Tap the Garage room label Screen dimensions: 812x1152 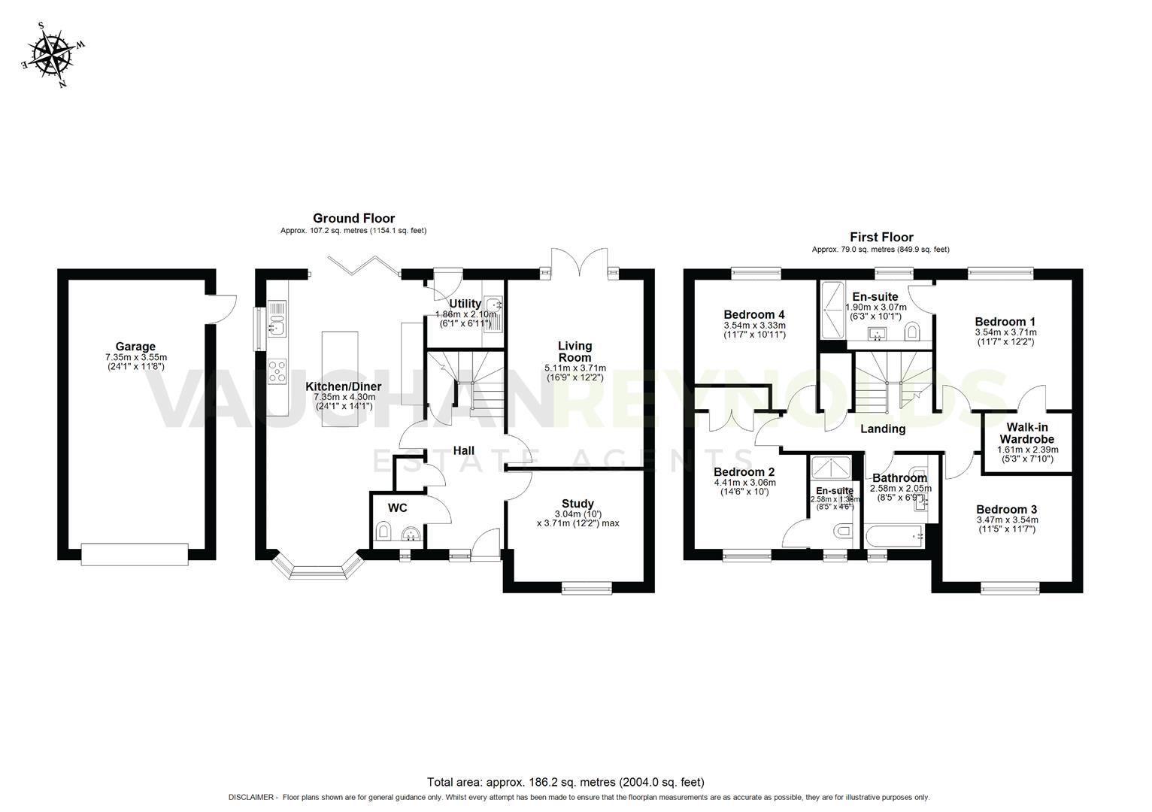coord(135,347)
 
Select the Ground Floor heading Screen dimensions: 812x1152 coord(353,218)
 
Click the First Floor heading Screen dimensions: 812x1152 coord(881,237)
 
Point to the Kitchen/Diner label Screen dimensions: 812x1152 coord(343,386)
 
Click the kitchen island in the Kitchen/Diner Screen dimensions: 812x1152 coord(335,379)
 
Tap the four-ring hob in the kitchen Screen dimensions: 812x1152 coord(277,371)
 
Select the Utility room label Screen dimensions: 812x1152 coord(465,304)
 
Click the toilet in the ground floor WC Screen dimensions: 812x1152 coord(383,533)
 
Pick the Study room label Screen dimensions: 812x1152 coord(578,504)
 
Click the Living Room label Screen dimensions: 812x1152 coord(575,351)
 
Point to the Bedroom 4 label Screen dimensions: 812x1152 coord(754,314)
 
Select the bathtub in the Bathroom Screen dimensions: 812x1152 coord(894,536)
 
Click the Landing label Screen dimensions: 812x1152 coord(882,429)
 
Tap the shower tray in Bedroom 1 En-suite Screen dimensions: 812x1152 coord(832,308)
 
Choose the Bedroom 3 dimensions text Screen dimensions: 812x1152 coord(1007,524)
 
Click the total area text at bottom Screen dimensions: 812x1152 coord(565,782)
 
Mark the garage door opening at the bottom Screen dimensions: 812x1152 coord(134,554)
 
